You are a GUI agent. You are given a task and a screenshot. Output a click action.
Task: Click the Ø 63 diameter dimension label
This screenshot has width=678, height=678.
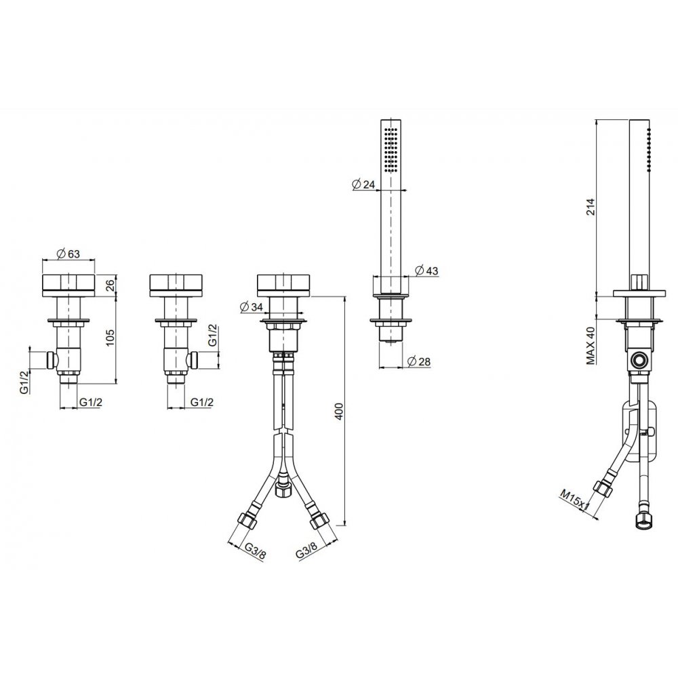tap(68, 254)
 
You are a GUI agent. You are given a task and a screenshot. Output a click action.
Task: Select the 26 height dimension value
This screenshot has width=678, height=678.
tap(111, 285)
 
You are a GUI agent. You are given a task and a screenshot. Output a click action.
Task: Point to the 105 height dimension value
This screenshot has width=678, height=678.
tap(111, 337)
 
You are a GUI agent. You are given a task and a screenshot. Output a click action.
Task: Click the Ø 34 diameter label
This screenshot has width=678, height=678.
tap(251, 307)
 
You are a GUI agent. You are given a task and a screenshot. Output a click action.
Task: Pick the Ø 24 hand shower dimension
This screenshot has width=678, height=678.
tap(363, 184)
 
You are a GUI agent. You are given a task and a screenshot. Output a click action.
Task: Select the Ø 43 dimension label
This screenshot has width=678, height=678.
tap(426, 271)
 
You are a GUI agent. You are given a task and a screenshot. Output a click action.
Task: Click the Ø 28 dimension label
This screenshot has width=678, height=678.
tap(419, 361)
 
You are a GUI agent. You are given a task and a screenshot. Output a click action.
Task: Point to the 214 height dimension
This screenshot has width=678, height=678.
tap(591, 207)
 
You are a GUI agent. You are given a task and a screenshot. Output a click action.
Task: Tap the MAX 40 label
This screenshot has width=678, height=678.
tap(591, 346)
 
